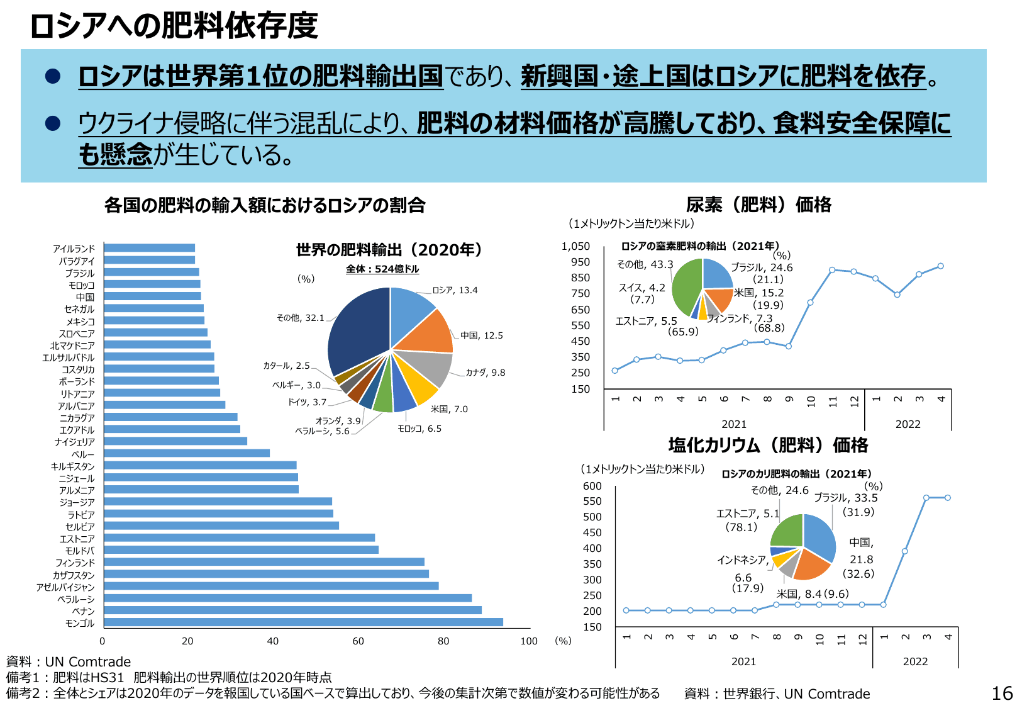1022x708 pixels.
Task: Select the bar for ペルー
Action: [x=187, y=453]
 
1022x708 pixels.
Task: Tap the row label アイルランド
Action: [x=74, y=249]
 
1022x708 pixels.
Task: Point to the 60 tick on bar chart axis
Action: [x=358, y=641]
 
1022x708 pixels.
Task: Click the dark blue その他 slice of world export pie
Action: [x=355, y=327]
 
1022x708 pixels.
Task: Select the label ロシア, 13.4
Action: [x=455, y=290]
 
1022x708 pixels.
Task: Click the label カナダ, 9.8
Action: [x=485, y=373]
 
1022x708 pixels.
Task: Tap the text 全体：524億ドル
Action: [x=382, y=269]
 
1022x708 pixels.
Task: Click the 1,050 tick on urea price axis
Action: [x=575, y=246]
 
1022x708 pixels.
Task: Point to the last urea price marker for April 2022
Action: [x=940, y=266]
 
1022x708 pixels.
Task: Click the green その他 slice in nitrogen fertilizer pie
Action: [x=686, y=286]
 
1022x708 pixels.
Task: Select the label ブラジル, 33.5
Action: [x=846, y=498]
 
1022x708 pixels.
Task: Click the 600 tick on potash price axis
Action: [x=592, y=486]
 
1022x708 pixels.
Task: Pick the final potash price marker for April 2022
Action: [x=947, y=498]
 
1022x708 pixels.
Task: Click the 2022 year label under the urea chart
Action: [x=908, y=424]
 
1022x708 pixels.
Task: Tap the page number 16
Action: [x=1002, y=694]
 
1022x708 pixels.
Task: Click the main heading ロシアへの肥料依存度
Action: [x=174, y=26]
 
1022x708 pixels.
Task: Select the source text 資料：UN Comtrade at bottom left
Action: [x=69, y=661]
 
